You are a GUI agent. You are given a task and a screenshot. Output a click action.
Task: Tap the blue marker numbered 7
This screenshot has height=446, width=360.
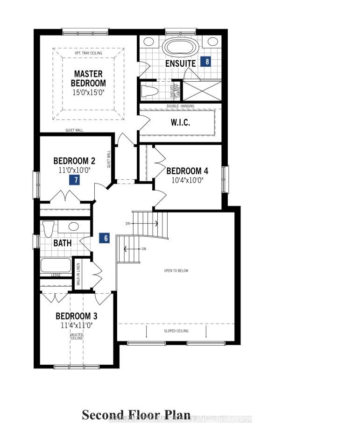click(73, 180)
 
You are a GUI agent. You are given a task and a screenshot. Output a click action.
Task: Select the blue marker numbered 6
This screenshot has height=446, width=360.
click(106, 238)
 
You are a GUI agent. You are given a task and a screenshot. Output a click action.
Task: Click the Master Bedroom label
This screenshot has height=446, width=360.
click(89, 78)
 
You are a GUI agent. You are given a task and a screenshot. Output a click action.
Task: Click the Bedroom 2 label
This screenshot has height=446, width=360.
click(74, 161)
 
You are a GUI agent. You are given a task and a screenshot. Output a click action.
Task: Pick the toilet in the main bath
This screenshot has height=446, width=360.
click(48, 229)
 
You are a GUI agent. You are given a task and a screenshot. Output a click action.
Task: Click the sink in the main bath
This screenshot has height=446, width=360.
click(73, 227)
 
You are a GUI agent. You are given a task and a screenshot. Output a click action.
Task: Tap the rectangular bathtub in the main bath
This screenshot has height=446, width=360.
click(56, 265)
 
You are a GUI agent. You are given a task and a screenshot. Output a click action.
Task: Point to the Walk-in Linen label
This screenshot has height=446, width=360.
click(78, 274)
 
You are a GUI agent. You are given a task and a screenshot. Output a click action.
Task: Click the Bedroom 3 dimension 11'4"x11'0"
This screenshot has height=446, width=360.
click(77, 326)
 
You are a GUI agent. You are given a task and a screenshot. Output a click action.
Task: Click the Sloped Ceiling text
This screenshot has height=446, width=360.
click(176, 331)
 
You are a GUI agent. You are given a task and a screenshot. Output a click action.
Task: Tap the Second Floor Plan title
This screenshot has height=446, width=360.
click(136, 415)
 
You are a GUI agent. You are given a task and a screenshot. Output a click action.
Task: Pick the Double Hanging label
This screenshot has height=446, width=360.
click(181, 106)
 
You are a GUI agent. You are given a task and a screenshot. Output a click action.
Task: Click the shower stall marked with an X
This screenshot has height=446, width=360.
click(202, 91)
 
